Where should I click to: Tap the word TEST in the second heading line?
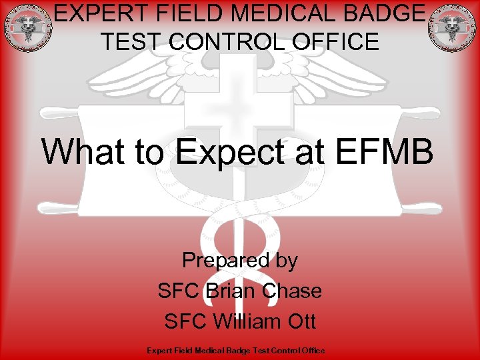pyautogui.click(x=131, y=42)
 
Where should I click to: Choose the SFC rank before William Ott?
pyautogui.click(x=185, y=321)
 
